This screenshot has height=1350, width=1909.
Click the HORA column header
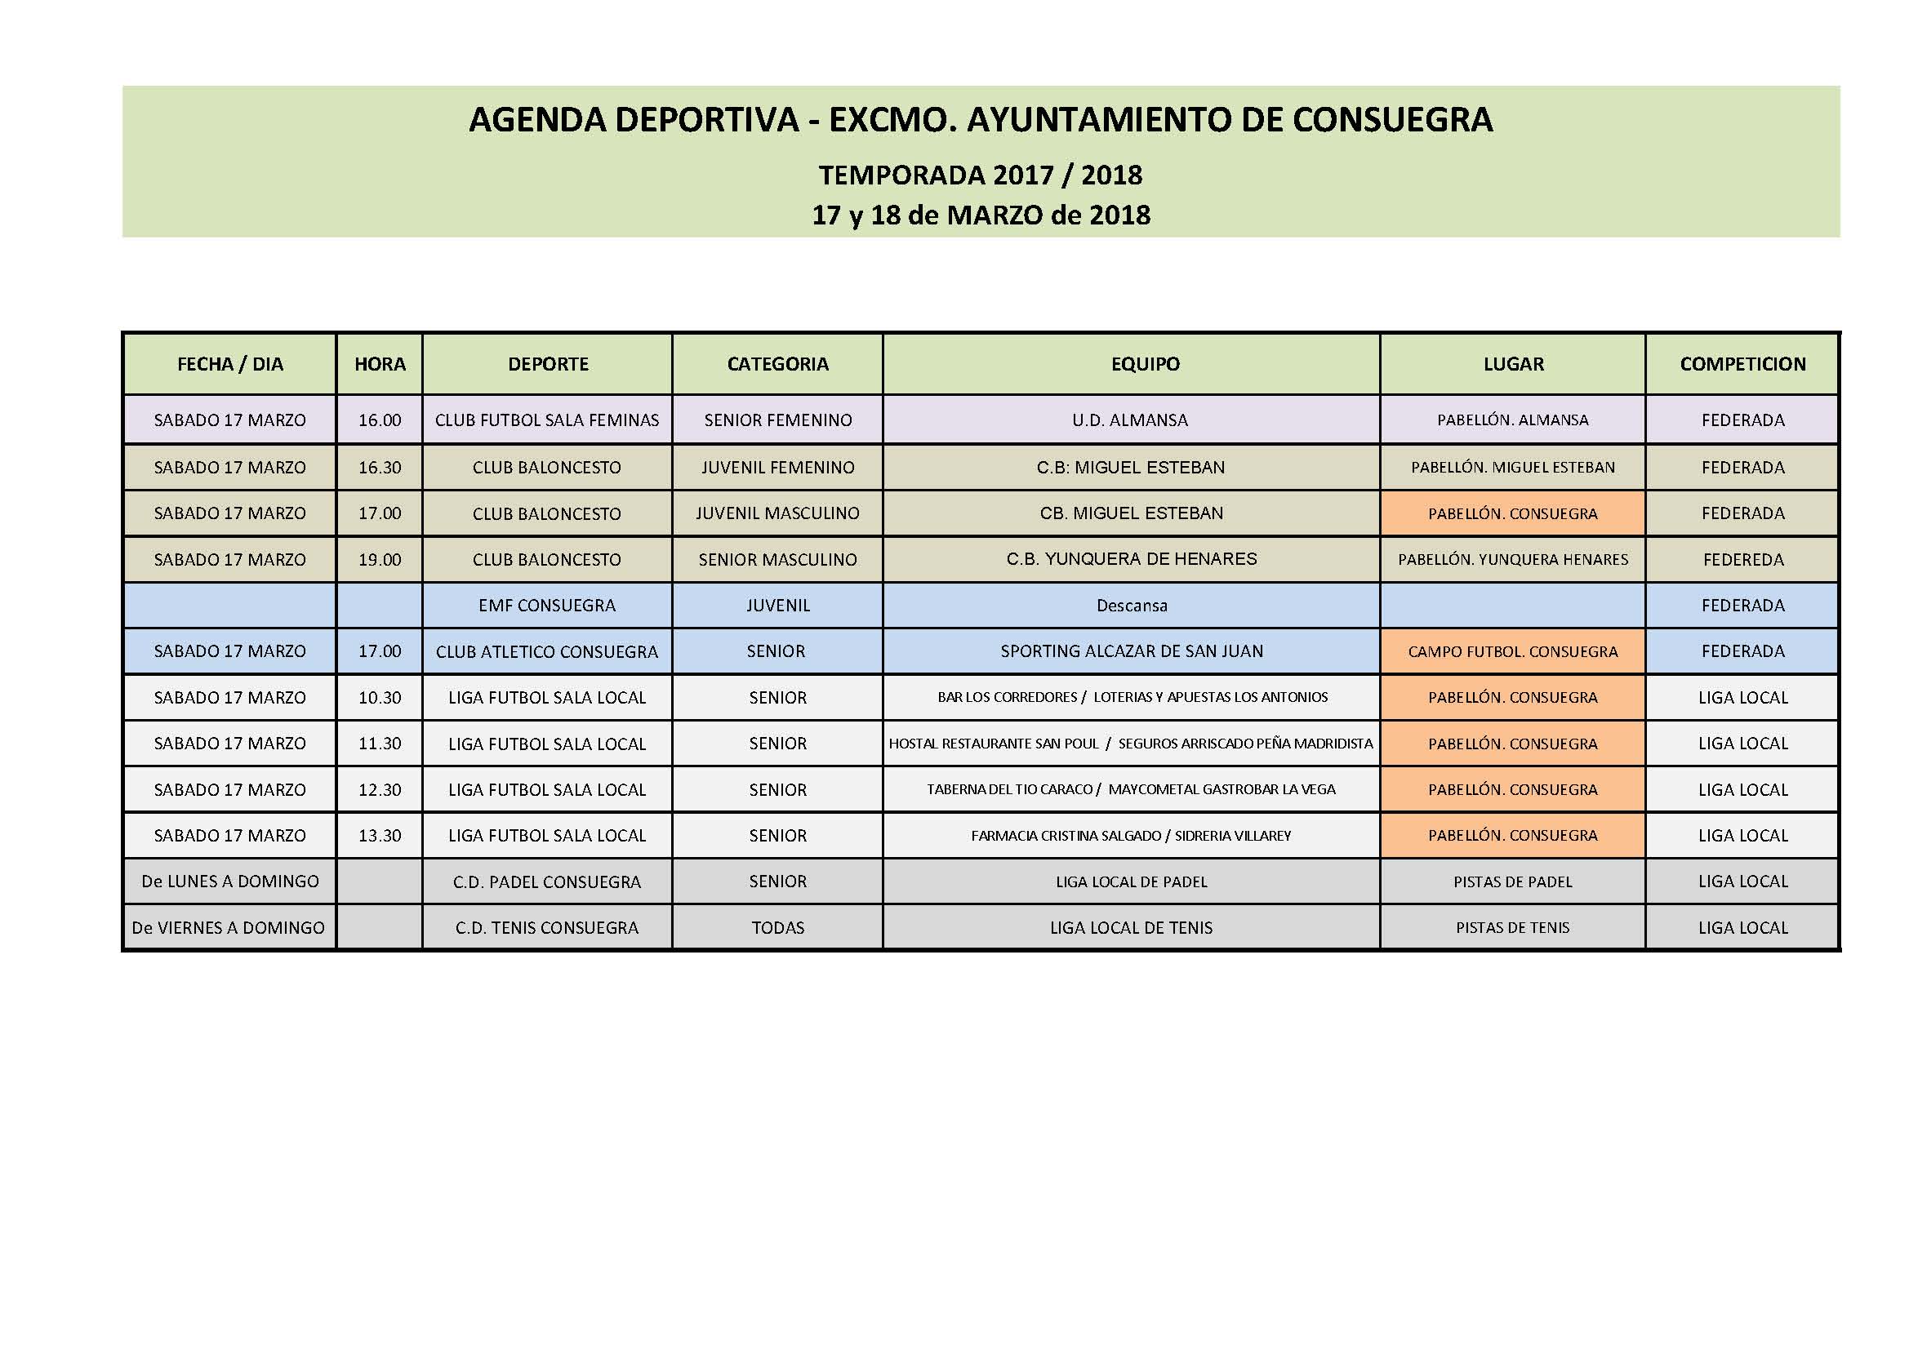point(380,364)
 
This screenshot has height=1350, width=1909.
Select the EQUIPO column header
point(1145,364)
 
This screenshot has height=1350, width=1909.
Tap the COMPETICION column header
point(1742,364)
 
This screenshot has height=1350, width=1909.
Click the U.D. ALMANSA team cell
point(1130,420)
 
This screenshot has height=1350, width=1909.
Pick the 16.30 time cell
point(380,467)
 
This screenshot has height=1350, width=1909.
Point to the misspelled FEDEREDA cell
point(1742,559)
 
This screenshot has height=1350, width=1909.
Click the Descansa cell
point(1132,606)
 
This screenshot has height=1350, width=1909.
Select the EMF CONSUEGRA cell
point(547,606)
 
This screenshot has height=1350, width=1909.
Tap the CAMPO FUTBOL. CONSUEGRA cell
point(1512,651)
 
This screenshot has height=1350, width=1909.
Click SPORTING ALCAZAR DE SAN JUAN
point(1132,651)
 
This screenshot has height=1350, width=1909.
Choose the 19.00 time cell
point(380,559)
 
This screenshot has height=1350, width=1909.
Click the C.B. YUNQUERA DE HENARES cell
point(1132,559)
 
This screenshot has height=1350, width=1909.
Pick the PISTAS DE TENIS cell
point(1512,928)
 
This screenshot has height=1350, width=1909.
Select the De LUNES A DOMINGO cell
point(230,881)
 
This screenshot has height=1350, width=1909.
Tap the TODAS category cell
point(777,928)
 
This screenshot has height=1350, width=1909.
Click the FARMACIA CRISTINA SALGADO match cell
point(1132,836)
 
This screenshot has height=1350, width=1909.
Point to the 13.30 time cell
point(380,836)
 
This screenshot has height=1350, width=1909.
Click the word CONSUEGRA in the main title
point(1393,120)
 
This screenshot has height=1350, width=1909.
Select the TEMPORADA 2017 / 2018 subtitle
point(981,175)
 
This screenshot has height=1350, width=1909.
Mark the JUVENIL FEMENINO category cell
point(777,467)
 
